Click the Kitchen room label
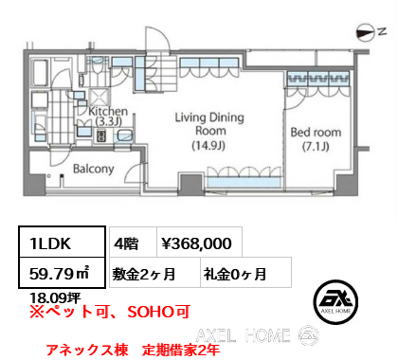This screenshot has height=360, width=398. pos(108,116)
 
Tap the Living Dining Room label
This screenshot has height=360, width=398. pos(209,124)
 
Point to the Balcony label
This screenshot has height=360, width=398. pos(94,169)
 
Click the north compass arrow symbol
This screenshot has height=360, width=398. pos(366,33)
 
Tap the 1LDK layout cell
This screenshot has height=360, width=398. pos(62,242)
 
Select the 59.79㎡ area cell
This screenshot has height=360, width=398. pos(62,273)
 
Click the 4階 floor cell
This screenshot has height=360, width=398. pos(133,243)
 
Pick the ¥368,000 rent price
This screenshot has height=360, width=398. pos(196,243)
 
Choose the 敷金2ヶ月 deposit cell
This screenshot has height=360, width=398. pos(154,272)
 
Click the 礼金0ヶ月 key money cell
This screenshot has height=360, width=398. pos(245,272)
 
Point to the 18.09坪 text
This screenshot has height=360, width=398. pos(55,297)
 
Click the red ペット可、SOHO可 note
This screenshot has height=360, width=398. pos(110,312)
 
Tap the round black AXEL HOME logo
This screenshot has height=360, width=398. pos(335,302)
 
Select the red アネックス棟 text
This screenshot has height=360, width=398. pos(87,350)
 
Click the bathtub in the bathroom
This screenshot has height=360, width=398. pos(41,73)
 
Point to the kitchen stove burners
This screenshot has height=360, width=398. pos(101,135)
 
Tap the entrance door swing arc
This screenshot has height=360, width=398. pos(158,36)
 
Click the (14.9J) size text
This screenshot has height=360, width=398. pos(208,145)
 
